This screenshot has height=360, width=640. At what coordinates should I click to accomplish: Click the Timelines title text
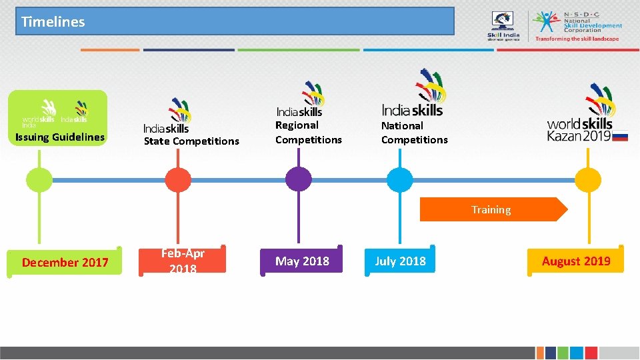[x=53, y=21]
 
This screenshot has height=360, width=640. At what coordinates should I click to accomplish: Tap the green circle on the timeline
[x=39, y=180]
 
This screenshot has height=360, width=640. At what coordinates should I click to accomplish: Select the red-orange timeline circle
[x=178, y=180]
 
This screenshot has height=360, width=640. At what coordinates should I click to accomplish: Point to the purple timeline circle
[x=298, y=179]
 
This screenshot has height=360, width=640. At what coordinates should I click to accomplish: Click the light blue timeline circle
[x=400, y=180]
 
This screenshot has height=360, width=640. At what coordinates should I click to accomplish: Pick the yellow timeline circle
[x=588, y=180]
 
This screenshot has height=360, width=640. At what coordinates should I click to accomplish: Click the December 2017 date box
[x=65, y=262]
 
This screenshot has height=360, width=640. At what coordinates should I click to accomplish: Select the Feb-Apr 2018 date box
[x=183, y=261]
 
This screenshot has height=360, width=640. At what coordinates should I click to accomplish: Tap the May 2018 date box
[x=303, y=261]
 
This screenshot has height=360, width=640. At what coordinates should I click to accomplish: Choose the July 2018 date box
[x=400, y=261]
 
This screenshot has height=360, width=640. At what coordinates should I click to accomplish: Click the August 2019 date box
[x=576, y=261]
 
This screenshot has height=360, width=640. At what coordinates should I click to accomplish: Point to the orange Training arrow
[x=492, y=209]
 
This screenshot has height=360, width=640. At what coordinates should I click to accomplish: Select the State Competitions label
[x=191, y=141]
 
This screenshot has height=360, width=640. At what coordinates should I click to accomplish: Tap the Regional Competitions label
[x=308, y=132]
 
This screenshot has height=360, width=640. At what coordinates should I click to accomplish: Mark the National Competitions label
[x=414, y=132]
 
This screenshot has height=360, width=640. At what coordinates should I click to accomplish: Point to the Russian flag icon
[x=620, y=136]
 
